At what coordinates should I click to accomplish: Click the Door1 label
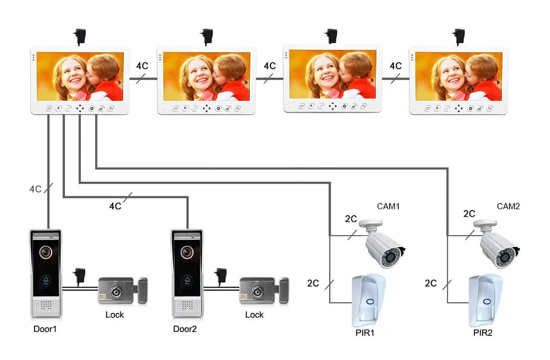(45, 329)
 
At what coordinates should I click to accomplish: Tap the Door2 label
(185, 329)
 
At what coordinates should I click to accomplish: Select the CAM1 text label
(388, 206)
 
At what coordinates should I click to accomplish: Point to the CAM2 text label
(508, 206)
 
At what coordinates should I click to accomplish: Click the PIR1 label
(365, 332)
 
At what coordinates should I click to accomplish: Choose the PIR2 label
(482, 332)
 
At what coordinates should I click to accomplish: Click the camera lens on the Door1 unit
(46, 252)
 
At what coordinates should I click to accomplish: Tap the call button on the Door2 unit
(187, 280)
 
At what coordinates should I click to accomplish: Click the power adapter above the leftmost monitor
(80, 37)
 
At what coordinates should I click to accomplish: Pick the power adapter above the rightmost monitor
(458, 37)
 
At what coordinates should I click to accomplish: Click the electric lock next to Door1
(123, 291)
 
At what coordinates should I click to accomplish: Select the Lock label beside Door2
(254, 315)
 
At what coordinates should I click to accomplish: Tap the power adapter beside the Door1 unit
(79, 276)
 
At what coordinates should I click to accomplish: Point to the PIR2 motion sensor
(485, 301)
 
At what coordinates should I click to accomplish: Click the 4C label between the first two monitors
(142, 65)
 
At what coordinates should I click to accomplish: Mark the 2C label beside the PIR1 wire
(313, 283)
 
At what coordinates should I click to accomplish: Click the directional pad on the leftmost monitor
(80, 108)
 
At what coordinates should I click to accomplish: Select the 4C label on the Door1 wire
(36, 189)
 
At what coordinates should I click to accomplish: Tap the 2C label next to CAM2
(469, 214)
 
